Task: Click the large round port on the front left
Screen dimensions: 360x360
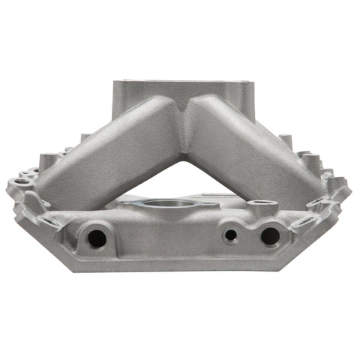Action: point(97,238)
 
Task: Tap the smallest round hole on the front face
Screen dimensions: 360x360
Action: point(231,235)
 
